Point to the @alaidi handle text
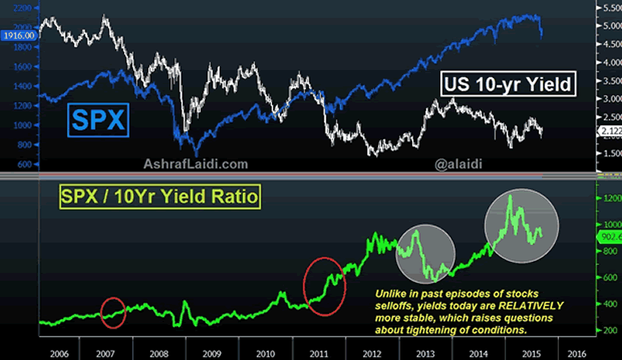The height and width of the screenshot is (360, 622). click(460, 164)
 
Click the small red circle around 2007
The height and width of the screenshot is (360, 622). click(113, 309)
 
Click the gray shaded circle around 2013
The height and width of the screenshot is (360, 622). click(424, 253)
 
